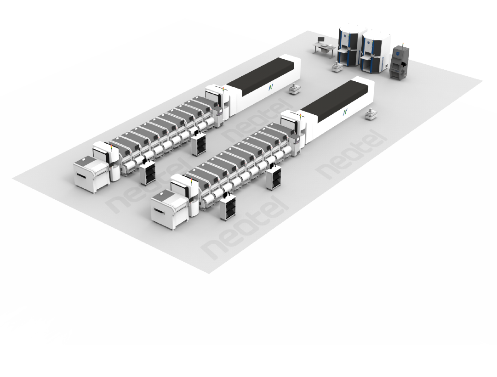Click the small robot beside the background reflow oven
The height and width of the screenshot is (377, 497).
[294, 89]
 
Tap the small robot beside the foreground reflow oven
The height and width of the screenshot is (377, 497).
[371, 114]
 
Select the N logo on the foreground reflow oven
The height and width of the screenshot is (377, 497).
[345, 112]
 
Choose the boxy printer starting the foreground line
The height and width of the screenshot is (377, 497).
[169, 208]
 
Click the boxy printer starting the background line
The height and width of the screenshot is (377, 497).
[92, 173]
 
